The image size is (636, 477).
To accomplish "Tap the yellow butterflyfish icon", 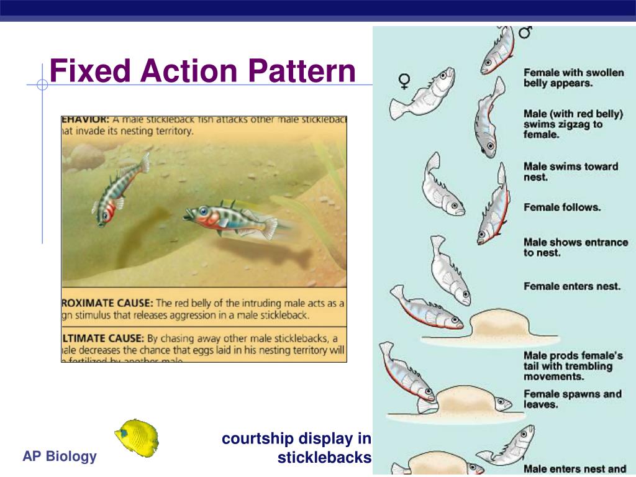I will (137, 438).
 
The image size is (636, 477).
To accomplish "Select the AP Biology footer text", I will (60, 457).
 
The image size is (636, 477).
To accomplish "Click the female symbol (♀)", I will (404, 81).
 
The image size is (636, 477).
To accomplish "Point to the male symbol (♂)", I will (525, 32).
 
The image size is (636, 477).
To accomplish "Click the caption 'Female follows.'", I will (562, 207).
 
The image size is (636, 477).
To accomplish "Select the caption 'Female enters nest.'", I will (572, 286).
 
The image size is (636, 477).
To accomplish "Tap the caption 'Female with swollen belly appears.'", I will (573, 78).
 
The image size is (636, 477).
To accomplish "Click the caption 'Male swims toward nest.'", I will (571, 171).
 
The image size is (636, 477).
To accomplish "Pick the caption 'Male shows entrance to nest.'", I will (576, 247).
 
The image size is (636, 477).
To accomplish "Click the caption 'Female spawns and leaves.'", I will (572, 399).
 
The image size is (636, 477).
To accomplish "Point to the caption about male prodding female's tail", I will (573, 366).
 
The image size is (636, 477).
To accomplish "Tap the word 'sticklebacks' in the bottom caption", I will (324, 459).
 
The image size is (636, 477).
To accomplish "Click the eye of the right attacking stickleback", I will (203, 211).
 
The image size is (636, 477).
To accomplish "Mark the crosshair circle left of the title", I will (42, 85).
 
